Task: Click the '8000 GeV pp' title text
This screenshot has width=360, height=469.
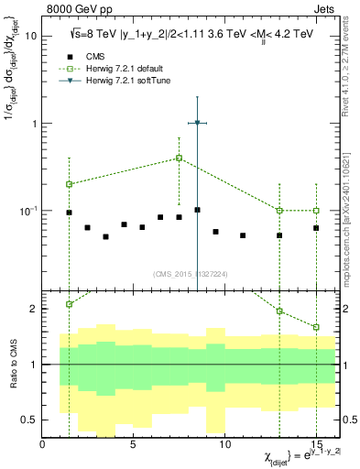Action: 76,9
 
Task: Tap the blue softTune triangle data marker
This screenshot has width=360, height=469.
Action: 197,123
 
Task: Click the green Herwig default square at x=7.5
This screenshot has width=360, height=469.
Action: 179,158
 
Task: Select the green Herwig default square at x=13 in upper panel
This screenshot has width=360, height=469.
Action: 279,211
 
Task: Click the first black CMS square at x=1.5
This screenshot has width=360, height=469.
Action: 69,213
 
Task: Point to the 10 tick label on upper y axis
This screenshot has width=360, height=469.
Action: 30,36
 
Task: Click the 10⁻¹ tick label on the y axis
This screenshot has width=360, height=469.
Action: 27,211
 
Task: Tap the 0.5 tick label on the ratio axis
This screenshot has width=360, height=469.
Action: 29,420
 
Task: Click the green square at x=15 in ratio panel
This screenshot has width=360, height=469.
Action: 316,327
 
